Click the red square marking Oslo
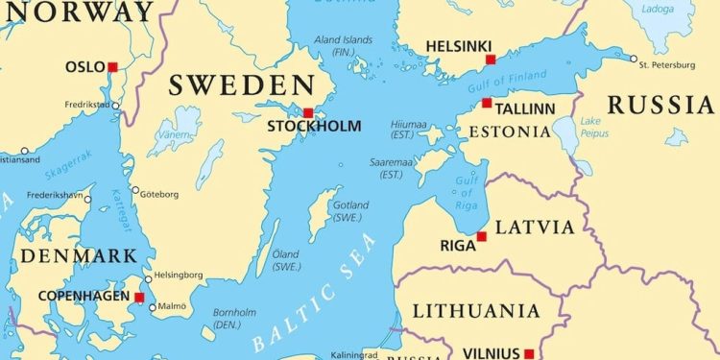click(112, 67)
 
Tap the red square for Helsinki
click(491, 60)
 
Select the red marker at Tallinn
click(487, 103)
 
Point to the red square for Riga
click(481, 236)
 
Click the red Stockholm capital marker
click(308, 111)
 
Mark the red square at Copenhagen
click(139, 298)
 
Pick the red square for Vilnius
click(529, 353)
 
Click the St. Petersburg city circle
click(634, 59)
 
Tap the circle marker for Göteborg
click(135, 190)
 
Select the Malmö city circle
click(152, 307)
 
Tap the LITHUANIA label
click(476, 310)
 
